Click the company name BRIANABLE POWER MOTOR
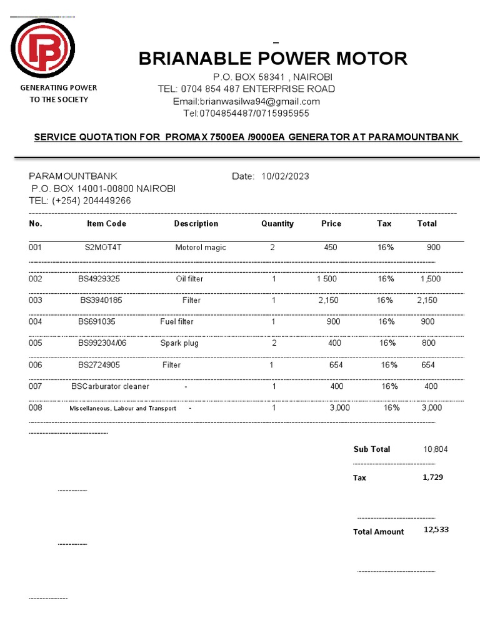pos(272,59)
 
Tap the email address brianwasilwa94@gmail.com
pos(246,101)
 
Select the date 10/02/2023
pos(285,177)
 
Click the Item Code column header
pos(106,223)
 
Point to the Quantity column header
pos(277,223)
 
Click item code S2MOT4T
pos(103,248)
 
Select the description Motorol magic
pos(201,248)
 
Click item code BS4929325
pos(99,279)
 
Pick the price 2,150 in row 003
pos(328,300)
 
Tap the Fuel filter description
pos(177,322)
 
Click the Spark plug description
pos(179,343)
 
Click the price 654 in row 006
pos(336,365)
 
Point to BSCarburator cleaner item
pos(110,386)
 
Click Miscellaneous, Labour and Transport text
pos(122,408)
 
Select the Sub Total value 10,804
pos(435,449)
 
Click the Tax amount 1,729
pos(433,477)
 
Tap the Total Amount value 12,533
pos(436,530)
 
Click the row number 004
pos(36,322)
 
